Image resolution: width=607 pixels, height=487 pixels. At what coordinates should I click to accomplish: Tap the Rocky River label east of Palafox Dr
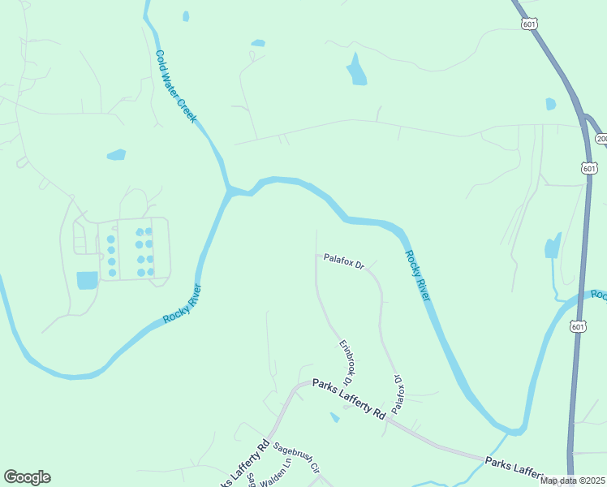coord(416,275)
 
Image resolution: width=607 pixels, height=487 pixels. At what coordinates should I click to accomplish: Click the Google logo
coord(27,477)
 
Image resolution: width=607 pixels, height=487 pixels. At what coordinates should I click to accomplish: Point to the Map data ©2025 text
coord(571,481)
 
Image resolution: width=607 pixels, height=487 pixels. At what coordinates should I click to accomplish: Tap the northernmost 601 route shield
coord(528,24)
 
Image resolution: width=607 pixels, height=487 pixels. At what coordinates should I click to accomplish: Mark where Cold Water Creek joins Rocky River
coord(230,191)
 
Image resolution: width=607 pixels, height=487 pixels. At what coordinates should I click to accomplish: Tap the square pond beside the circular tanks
coord(87,280)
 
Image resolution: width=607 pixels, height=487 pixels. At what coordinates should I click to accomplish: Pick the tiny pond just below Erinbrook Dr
coord(334,417)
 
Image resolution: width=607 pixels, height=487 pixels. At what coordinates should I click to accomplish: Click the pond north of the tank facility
coord(117,154)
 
